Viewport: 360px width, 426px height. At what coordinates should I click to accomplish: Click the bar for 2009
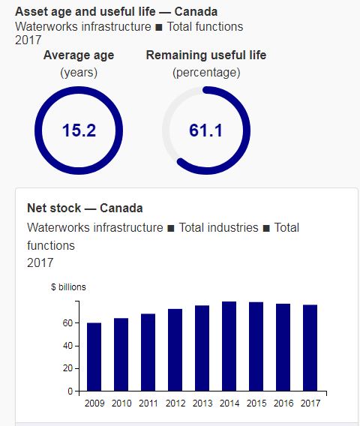coord(94,357)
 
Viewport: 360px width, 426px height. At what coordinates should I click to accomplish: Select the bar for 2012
coord(175,350)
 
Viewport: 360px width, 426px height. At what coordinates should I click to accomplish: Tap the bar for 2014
coord(229,346)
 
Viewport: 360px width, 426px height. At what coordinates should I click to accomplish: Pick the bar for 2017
coord(310,348)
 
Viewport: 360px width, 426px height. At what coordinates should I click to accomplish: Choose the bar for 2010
coord(121,355)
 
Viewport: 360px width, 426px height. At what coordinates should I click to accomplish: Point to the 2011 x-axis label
coord(148,404)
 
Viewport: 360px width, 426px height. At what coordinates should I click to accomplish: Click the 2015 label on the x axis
coord(256,404)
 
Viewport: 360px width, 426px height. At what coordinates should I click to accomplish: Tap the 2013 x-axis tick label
coord(202,404)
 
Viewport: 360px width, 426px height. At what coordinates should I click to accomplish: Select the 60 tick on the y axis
coord(67,323)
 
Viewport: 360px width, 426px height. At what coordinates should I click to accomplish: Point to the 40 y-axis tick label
coord(67,346)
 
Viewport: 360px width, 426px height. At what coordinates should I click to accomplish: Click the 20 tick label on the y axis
coord(67,369)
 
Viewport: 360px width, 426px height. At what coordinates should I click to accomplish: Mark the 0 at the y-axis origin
coord(69,391)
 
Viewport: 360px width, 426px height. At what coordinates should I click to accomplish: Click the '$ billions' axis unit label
coord(68,287)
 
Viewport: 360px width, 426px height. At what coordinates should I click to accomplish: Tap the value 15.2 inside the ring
coord(79,130)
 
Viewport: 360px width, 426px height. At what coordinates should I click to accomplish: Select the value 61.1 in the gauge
coord(205,130)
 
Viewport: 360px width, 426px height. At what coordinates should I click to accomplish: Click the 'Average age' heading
coord(79,55)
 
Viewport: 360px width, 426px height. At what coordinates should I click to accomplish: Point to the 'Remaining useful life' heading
coord(205,55)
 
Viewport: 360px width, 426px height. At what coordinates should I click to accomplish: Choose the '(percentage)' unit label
coord(205,73)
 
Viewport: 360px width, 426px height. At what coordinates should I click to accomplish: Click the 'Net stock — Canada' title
coord(85,208)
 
